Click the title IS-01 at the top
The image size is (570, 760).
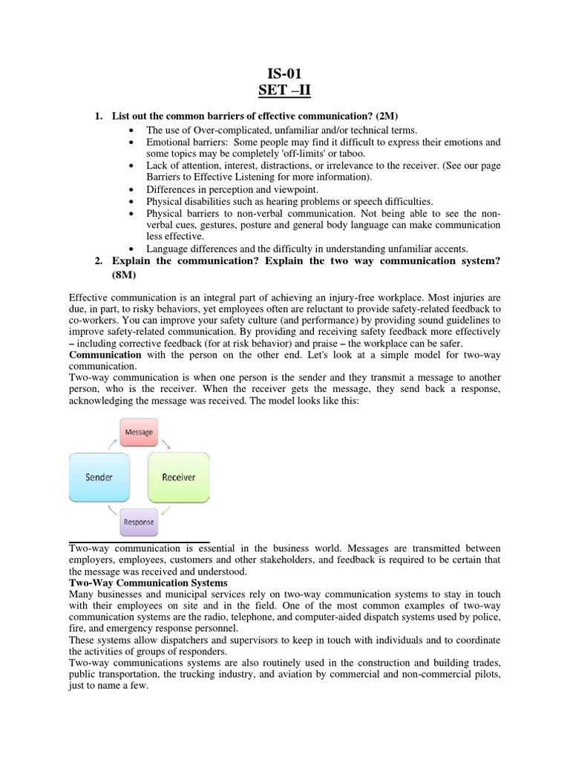pos(285,73)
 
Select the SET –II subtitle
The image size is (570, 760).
pos(285,91)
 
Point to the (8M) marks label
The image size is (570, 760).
pos(125,275)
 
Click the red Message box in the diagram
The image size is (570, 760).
pos(139,432)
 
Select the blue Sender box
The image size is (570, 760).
pos(99,476)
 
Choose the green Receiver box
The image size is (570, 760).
pos(178,476)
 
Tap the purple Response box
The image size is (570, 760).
pos(139,522)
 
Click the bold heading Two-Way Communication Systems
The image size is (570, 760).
pos(148,583)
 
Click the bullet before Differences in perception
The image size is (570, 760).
pos(131,189)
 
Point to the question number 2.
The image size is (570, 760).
pos(98,262)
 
